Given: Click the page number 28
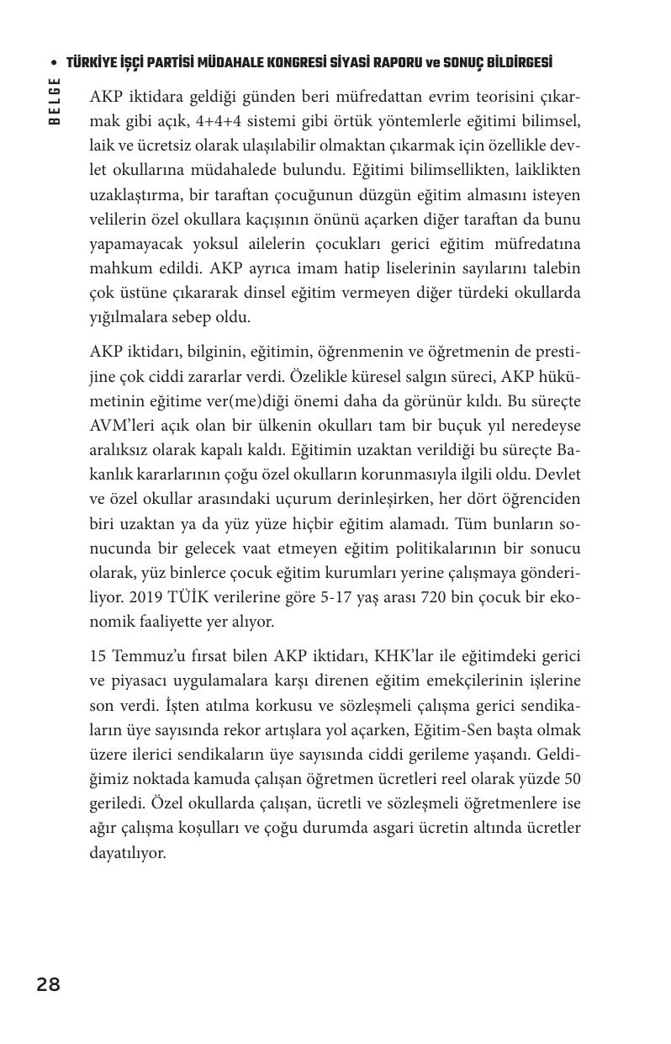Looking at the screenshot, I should pyautogui.click(x=48, y=984).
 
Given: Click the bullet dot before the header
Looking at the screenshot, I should pyautogui.click(x=54, y=63).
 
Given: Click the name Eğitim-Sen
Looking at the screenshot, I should pyautogui.click(x=473, y=729).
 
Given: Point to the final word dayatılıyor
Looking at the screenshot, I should pyautogui.click(x=128, y=853).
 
